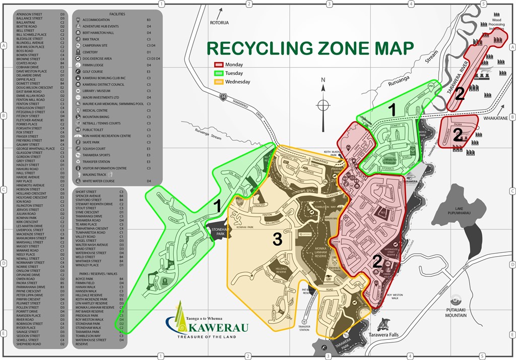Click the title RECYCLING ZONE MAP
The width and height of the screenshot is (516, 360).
click(310, 48)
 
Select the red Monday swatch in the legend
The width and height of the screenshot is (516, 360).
click(219, 65)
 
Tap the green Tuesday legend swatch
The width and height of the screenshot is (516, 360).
click(219, 73)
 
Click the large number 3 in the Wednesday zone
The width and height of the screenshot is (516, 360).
click(277, 241)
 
